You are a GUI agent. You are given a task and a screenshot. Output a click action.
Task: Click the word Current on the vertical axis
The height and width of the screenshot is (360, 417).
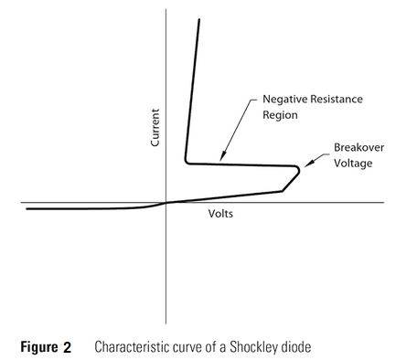155,128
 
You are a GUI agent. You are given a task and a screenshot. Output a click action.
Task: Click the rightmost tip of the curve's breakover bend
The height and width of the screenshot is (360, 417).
299,170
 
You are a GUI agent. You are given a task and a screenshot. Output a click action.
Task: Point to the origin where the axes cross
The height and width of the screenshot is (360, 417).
166,202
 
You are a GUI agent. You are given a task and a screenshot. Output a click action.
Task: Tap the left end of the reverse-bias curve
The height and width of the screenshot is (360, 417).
27,208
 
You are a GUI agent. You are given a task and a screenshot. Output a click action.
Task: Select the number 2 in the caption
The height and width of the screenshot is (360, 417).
68,347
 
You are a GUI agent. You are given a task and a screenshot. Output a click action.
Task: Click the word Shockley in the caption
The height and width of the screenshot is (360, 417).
262,347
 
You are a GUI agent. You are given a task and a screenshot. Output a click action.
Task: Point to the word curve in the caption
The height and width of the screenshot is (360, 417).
186,347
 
